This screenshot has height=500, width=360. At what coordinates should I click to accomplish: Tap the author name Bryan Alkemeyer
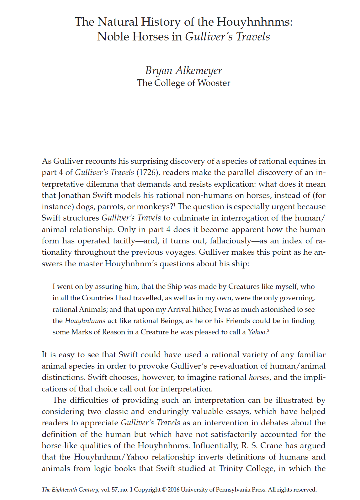[x=183, y=70]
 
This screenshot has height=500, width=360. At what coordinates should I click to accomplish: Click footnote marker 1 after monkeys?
[x=175, y=205]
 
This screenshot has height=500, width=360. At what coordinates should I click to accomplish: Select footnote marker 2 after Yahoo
[x=268, y=330]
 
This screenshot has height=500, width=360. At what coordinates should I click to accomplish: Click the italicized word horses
[x=259, y=377]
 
